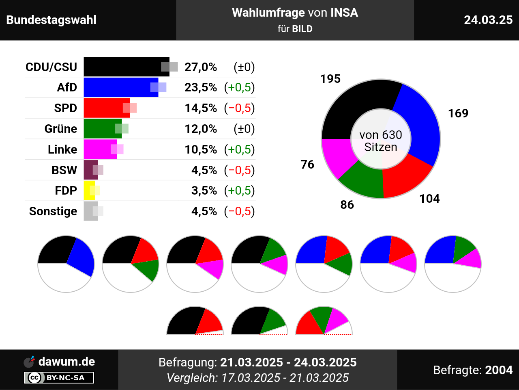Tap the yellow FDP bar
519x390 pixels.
pyautogui.click(x=89, y=191)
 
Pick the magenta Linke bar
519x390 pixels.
pyautogui.click(x=99, y=149)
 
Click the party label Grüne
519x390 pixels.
pyautogui.click(x=61, y=129)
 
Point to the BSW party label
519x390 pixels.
pyautogui.click(x=64, y=170)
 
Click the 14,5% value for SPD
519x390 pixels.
pyautogui.click(x=201, y=108)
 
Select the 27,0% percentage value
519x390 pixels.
pyautogui.click(x=201, y=67)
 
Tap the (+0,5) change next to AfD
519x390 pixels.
pyautogui.click(x=239, y=87)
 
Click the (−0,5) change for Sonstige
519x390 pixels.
pyautogui.click(x=239, y=211)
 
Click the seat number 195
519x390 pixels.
pyautogui.click(x=330, y=79)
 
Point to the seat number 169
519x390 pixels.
pyautogui.click(x=458, y=113)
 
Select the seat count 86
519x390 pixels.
pyautogui.click(x=347, y=205)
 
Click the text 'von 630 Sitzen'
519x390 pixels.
pyautogui.click(x=381, y=141)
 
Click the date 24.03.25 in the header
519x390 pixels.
pyautogui.click(x=488, y=20)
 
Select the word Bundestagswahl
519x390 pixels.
pyautogui.click(x=51, y=20)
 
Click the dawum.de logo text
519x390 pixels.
pyautogui.click(x=66, y=362)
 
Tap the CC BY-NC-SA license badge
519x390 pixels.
pyautogui.click(x=59, y=378)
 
